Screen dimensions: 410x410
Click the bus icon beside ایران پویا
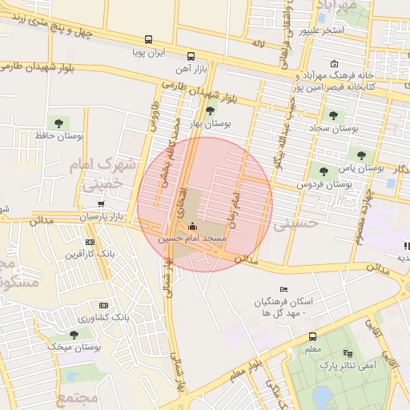pyautogui.click(x=148, y=39)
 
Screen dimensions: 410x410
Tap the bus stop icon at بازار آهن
pyautogui.click(x=191, y=57)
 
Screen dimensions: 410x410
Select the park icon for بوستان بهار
pyautogui.click(x=211, y=111)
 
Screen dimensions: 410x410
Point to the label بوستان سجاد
pyautogui.click(x=334, y=128)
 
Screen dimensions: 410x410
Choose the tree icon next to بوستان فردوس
pyautogui.click(x=324, y=171)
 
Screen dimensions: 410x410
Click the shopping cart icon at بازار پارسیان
pyautogui.click(x=100, y=204)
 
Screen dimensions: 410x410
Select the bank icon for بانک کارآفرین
pyautogui.click(x=89, y=242)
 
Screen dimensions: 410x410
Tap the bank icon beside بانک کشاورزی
pyautogui.click(x=102, y=305)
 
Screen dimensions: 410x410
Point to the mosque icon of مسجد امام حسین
pyautogui.click(x=191, y=227)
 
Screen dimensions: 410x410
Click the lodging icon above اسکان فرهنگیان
pyautogui.click(x=282, y=289)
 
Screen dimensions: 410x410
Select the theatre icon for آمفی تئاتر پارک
pyautogui.click(x=346, y=353)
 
